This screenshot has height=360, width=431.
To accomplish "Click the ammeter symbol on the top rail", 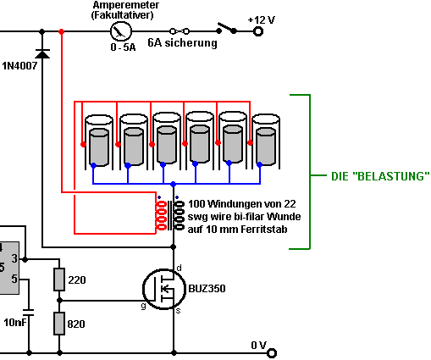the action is [121, 31].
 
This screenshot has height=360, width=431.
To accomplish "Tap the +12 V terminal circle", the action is [258, 31].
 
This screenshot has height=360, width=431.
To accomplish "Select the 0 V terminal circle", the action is [272, 353].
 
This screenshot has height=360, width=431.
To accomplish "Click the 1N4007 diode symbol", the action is [42, 53].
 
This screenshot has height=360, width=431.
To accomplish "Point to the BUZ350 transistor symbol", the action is [164, 289].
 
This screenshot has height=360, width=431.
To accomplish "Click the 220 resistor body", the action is [59, 280].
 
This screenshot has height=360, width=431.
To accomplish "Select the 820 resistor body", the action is [59, 324].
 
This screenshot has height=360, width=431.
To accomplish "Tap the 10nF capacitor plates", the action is [29, 313].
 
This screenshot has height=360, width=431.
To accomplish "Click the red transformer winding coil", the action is [161, 215].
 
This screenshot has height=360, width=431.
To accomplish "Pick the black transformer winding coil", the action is [180, 215].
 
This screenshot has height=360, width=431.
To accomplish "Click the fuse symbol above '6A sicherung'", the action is [180, 31].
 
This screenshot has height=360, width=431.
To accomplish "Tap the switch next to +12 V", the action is [227, 28].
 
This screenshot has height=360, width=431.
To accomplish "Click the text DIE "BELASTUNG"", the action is [380, 176].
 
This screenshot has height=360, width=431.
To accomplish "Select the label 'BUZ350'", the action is [207, 289].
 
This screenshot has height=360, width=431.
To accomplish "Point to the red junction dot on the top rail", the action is [61, 31].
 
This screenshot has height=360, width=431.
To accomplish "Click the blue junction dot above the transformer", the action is [174, 184].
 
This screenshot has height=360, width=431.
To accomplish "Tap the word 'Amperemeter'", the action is [126, 5].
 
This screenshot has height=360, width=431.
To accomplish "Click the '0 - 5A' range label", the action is [123, 47].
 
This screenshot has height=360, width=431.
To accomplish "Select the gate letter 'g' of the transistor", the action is [144, 306].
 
